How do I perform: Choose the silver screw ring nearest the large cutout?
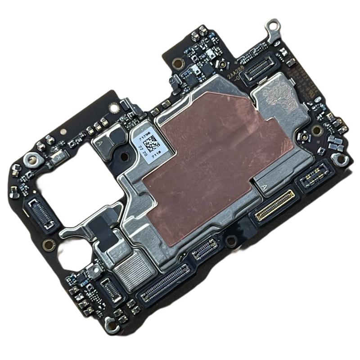pyautogui.click(x=32, y=158)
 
